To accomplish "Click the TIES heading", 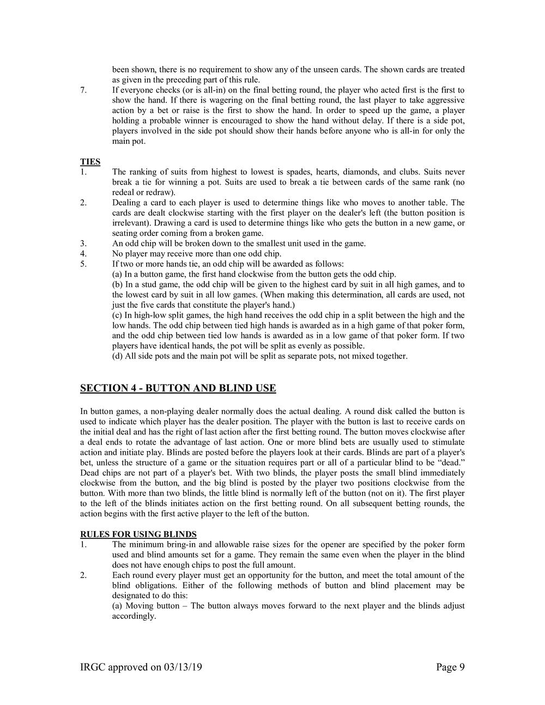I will coord(90,162).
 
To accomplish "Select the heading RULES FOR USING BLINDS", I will coord(138,534).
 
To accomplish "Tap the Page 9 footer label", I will coord(450,667).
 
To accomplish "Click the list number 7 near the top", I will coord(83,90).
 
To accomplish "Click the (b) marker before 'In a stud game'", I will coord(117,284).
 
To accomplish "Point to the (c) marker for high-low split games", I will coord(117,315).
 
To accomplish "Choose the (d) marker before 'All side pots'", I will coord(117,356).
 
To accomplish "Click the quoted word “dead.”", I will coord(451,462).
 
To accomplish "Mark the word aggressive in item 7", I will coord(444,100).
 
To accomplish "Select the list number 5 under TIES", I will coord(83,264).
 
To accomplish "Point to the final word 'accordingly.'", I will coord(134,616).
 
